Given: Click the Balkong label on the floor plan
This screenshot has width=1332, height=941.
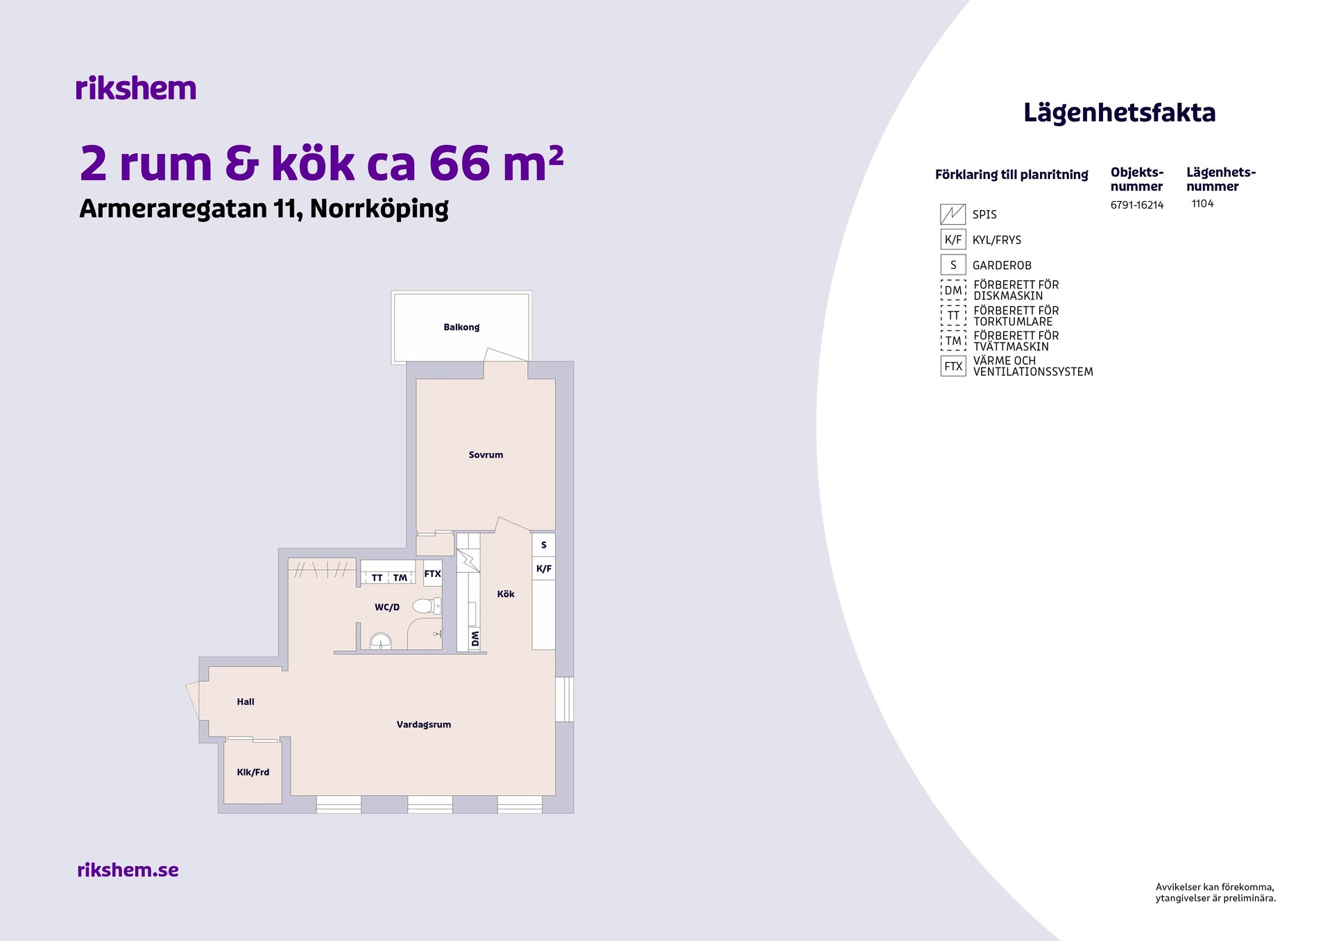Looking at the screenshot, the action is pyautogui.click(x=461, y=327).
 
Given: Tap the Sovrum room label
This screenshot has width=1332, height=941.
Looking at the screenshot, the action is pyautogui.click(x=486, y=455).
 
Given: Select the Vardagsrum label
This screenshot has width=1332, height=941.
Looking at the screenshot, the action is pyautogui.click(x=424, y=725).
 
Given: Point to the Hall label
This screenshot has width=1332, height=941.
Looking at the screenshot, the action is pyautogui.click(x=246, y=702).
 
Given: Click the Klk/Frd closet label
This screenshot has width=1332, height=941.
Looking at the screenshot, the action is pyautogui.click(x=253, y=772).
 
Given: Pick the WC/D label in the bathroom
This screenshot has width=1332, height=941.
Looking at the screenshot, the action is pyautogui.click(x=387, y=607).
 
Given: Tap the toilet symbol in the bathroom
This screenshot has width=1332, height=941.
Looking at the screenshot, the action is pyautogui.click(x=427, y=606).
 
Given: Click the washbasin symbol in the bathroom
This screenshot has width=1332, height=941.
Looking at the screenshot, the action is pyautogui.click(x=380, y=641).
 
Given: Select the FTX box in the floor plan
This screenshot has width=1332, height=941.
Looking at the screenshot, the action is pyautogui.click(x=432, y=573).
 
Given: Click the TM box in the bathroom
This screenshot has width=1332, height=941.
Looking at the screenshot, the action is pyautogui.click(x=400, y=578).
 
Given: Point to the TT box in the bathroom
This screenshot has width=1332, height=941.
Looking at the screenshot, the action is pyautogui.click(x=377, y=578).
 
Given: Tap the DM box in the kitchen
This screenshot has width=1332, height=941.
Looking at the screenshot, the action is pyautogui.click(x=475, y=639).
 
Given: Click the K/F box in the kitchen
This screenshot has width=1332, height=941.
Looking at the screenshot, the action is pyautogui.click(x=544, y=569).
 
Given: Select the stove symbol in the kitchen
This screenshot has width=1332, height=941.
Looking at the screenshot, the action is pyautogui.click(x=468, y=560).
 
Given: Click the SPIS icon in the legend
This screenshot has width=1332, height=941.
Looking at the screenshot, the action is pyautogui.click(x=953, y=214).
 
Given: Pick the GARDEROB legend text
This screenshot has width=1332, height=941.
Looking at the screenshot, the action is pyautogui.click(x=1002, y=266).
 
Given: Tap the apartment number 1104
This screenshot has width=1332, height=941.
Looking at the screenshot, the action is pyautogui.click(x=1202, y=204).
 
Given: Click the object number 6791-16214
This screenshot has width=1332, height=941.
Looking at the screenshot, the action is pyautogui.click(x=1137, y=205).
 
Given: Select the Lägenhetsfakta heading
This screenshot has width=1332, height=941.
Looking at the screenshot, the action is pyautogui.click(x=1120, y=114).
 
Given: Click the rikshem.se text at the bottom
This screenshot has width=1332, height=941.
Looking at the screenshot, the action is pyautogui.click(x=128, y=870).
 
